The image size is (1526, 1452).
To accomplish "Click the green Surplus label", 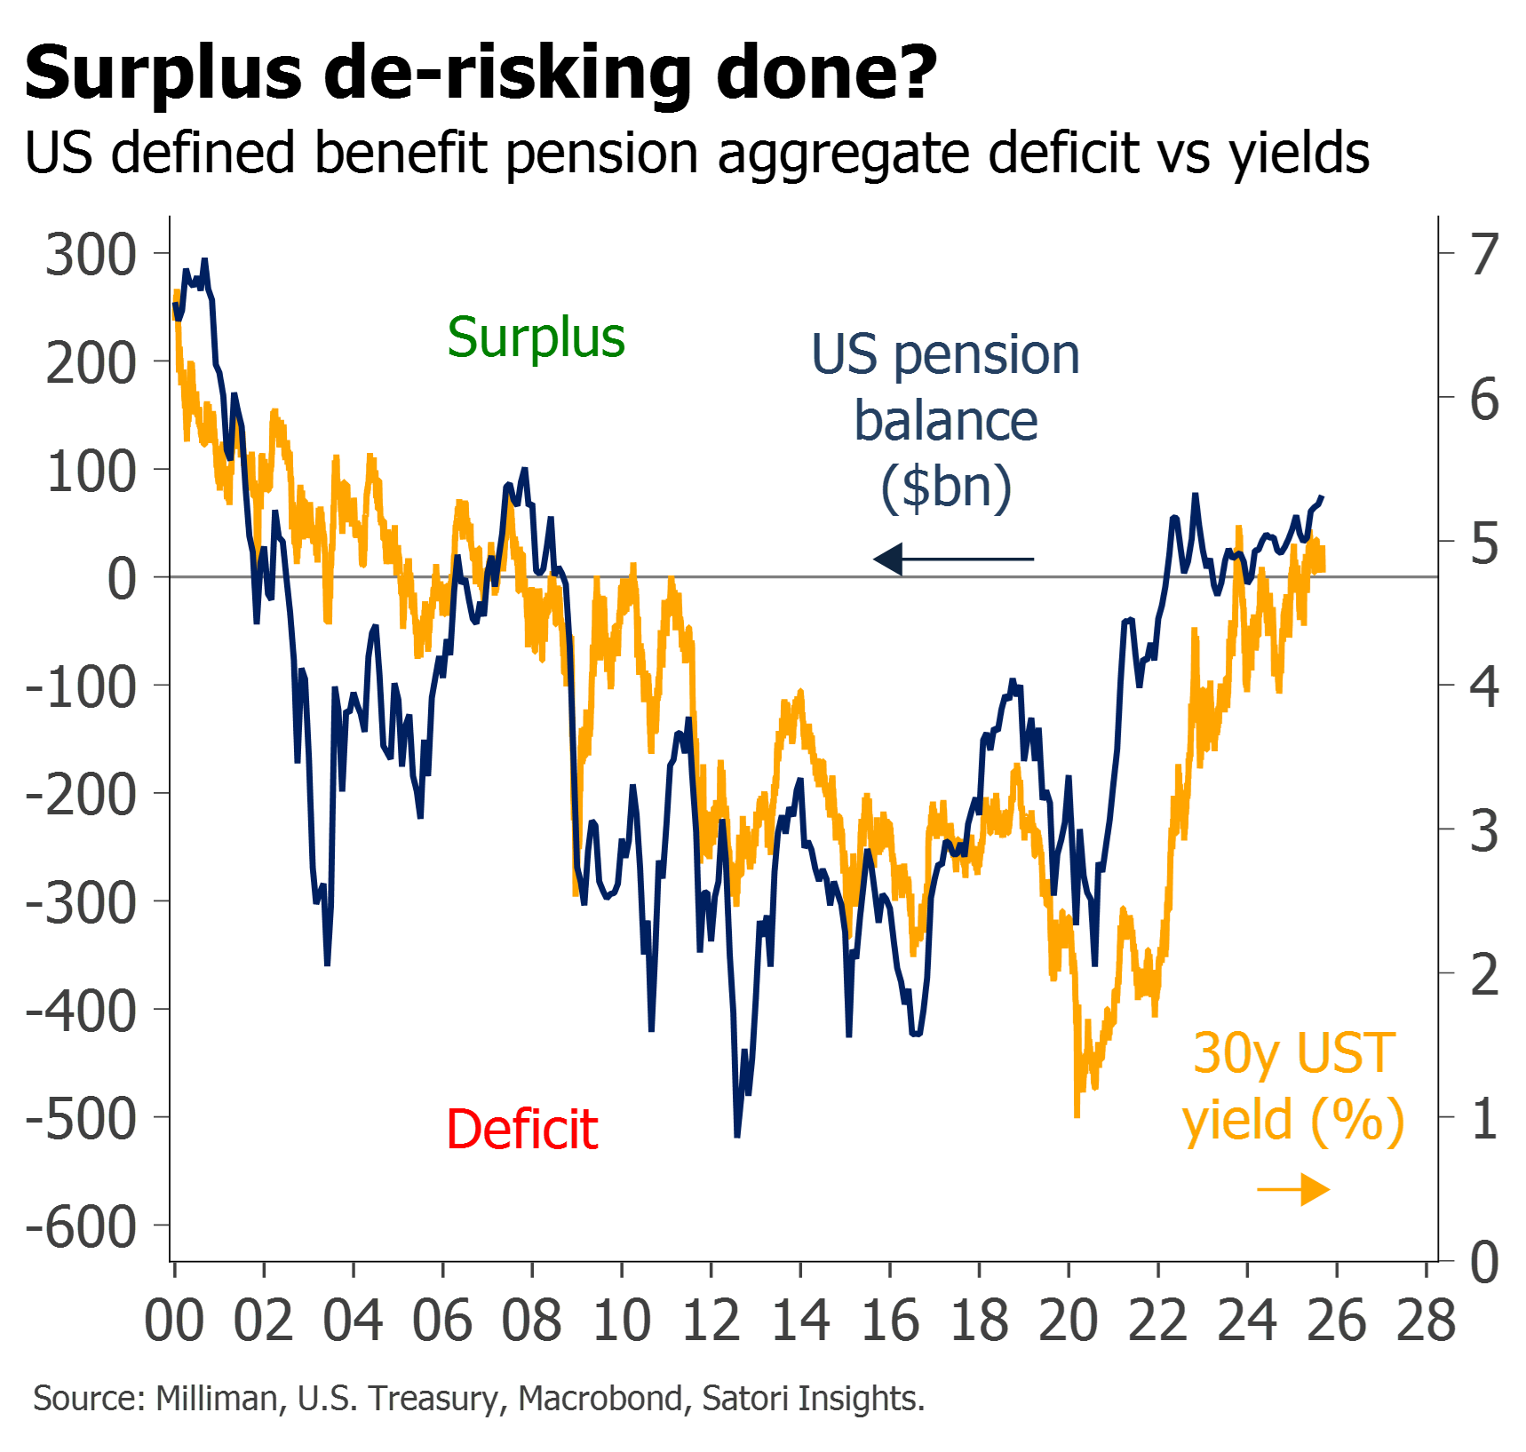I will [x=536, y=338].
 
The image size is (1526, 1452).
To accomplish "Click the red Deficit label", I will [x=522, y=1130].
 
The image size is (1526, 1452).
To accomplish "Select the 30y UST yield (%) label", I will [x=1293, y=1086].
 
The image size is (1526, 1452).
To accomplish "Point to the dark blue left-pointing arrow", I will [x=953, y=559].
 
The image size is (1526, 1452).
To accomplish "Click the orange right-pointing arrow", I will [x=1294, y=1189].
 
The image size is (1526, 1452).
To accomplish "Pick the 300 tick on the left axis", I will [x=91, y=255].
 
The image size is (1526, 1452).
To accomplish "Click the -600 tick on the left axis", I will [x=82, y=1227].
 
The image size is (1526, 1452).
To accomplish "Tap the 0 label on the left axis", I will [x=122, y=579].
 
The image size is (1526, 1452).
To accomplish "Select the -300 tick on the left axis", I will [x=82, y=903].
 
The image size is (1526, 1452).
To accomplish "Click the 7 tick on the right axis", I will [x=1484, y=255].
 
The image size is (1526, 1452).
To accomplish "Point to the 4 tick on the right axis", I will [x=1484, y=686].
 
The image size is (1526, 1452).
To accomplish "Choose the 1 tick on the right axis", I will [x=1484, y=1118].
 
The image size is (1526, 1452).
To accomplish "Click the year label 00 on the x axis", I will [x=174, y=1321].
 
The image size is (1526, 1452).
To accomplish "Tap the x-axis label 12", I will [x=711, y=1321].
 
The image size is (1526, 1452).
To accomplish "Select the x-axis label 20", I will [x=1069, y=1321].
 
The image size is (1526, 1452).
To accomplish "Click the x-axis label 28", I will [x=1427, y=1321].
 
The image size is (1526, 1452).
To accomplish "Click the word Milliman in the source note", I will [x=217, y=1399].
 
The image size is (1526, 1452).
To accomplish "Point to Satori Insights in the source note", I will [x=813, y=1399].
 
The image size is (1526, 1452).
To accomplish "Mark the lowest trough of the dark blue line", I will [x=737, y=1134].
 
